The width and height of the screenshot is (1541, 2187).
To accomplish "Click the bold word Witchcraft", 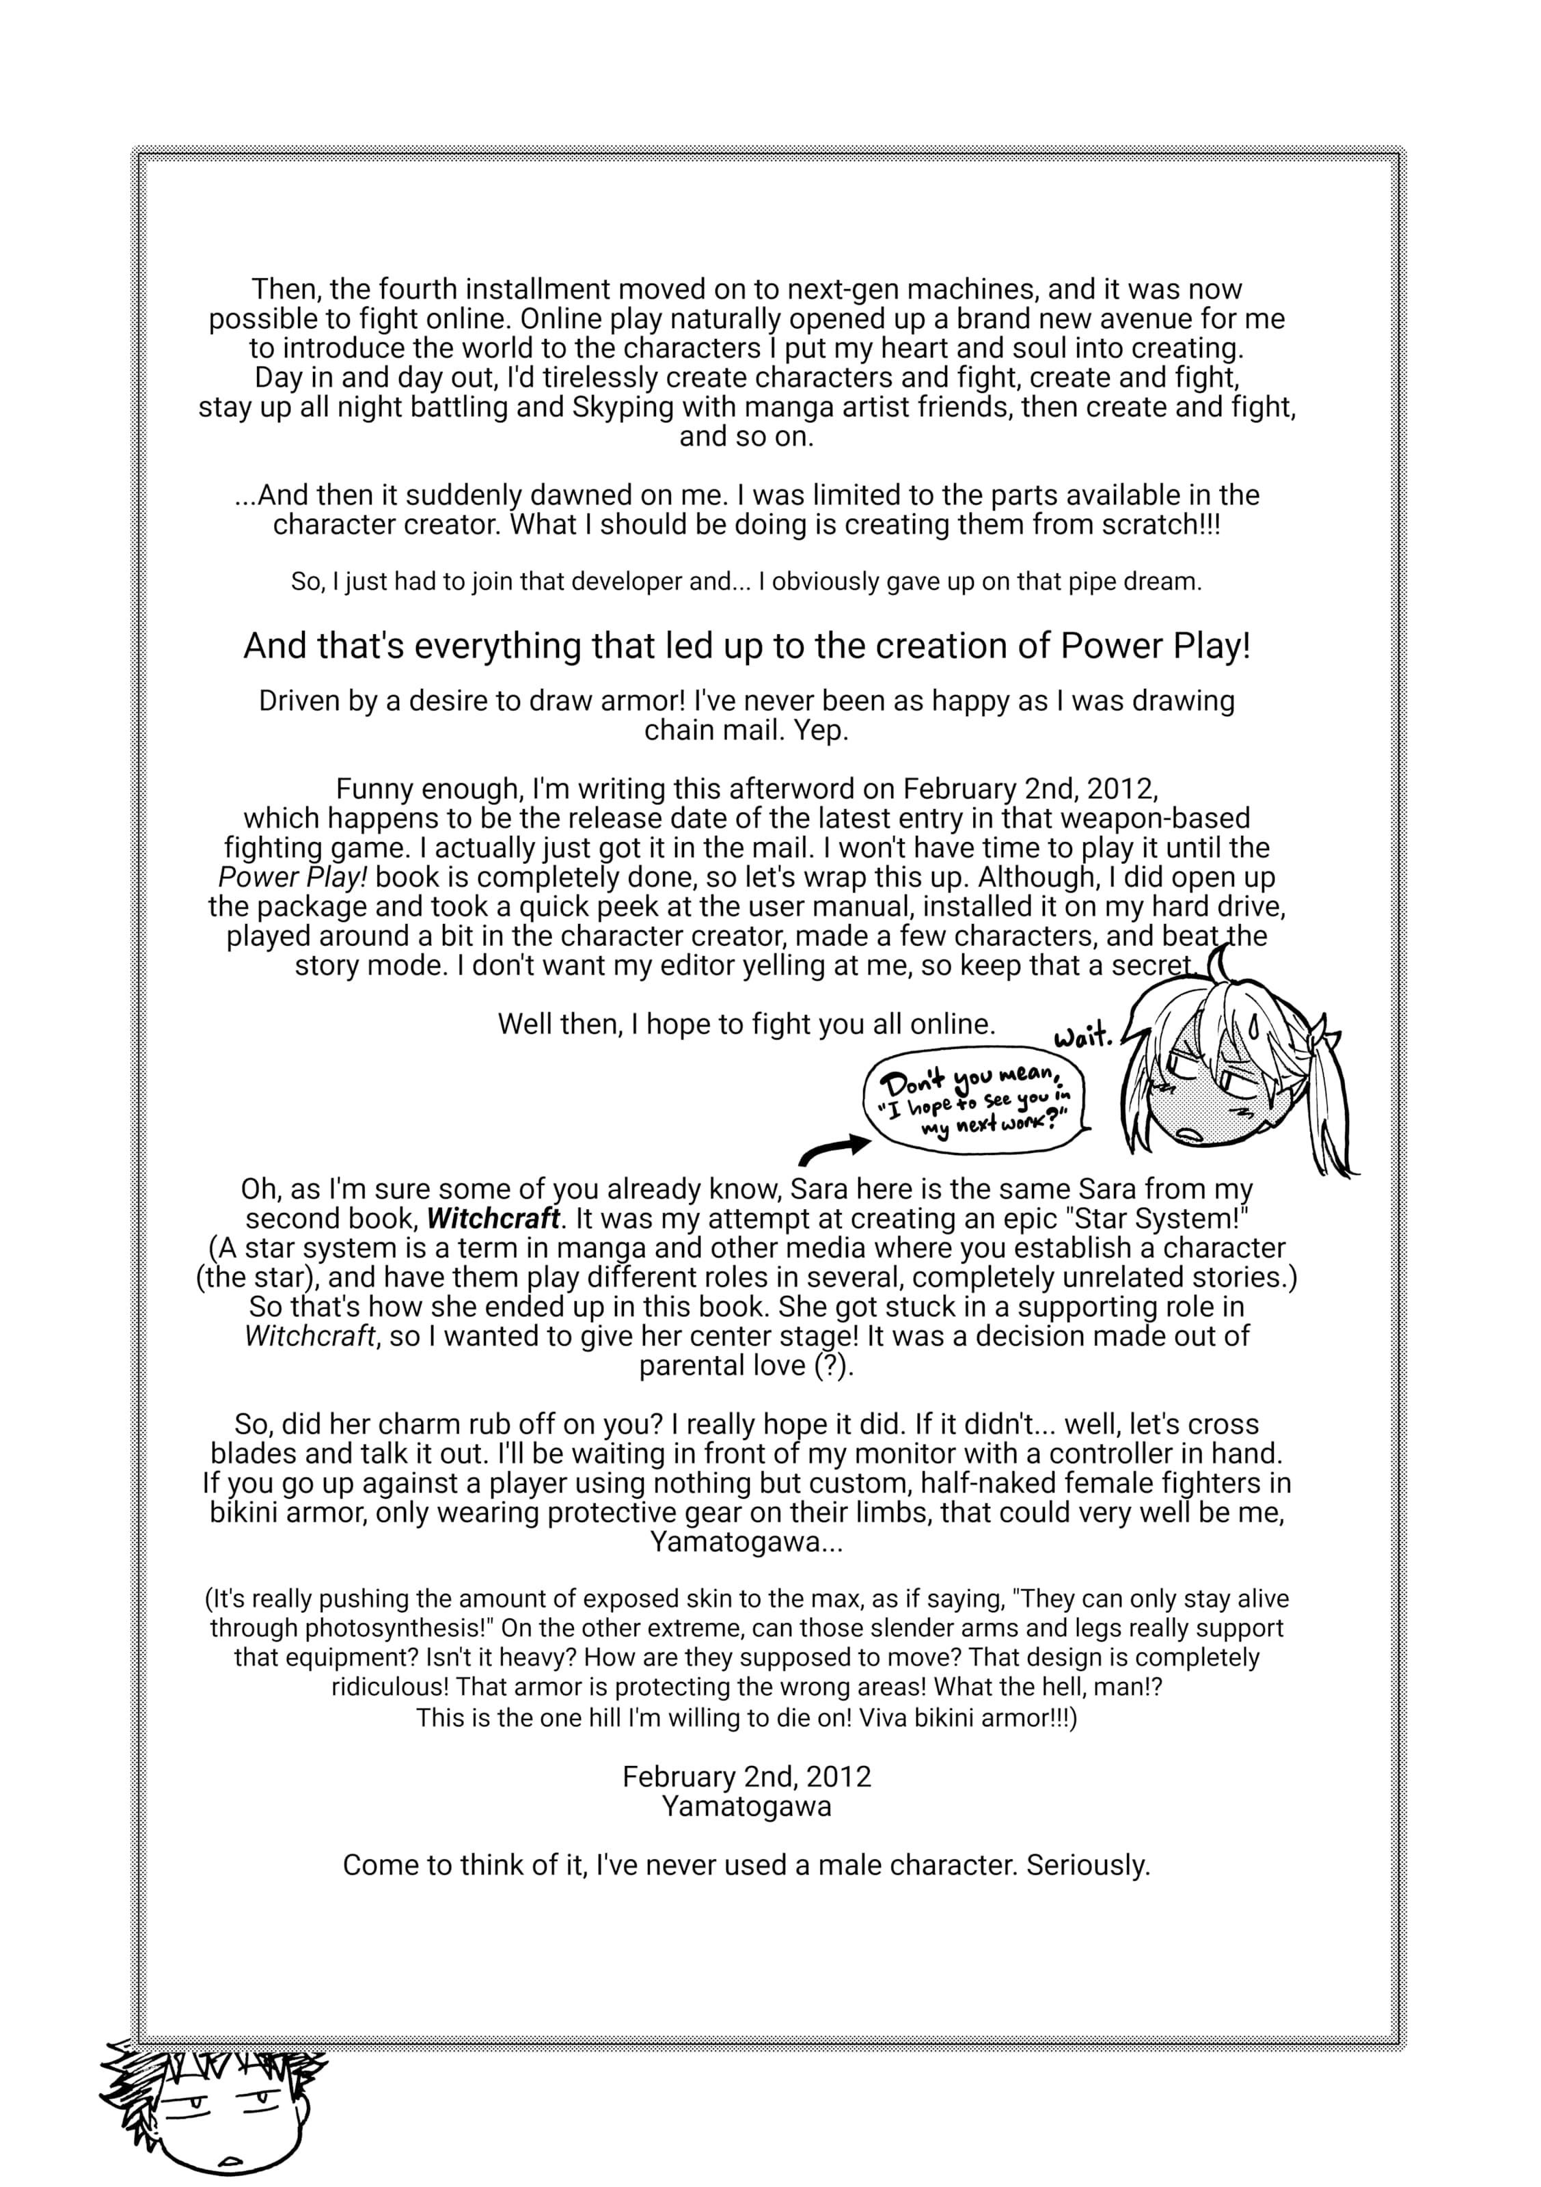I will point(493,1219).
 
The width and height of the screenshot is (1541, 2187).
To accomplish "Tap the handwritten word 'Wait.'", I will point(1083,1036).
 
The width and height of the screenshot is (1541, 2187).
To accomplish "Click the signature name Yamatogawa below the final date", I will point(747,1807).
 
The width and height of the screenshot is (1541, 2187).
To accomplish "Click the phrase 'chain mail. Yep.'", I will point(746,731).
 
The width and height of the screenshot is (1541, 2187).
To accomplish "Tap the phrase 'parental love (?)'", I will point(745,1366).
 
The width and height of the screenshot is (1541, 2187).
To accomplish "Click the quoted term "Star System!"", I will point(1157,1219).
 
